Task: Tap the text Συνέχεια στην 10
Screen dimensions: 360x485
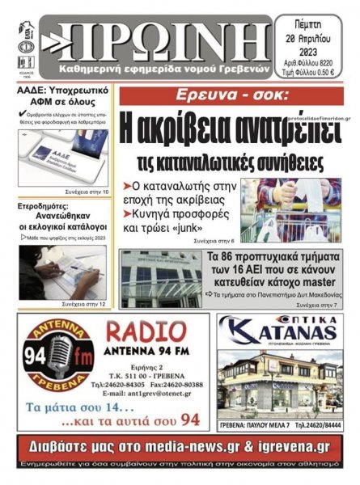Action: click(x=88, y=191)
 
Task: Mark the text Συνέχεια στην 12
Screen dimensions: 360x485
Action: click(x=88, y=304)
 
